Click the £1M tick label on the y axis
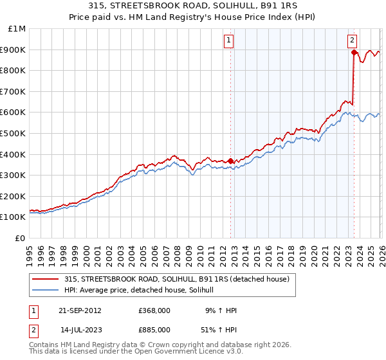[16, 29]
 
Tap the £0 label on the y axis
[20, 238]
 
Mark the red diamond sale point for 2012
[231, 161]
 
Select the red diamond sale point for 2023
[354, 53]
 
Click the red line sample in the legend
[46, 279]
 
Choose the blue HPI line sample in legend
[46, 290]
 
